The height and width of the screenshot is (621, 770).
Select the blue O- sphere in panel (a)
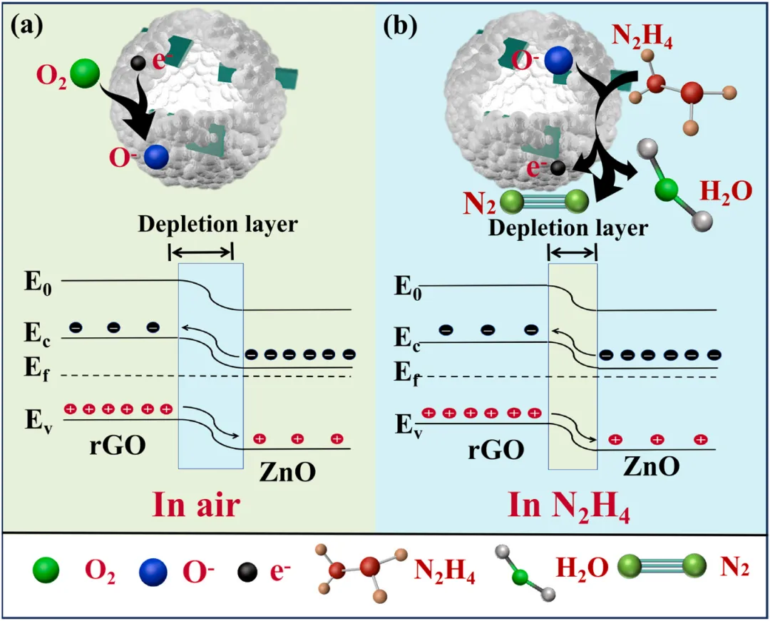pyautogui.click(x=155, y=156)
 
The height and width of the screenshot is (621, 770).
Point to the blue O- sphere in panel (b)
pyautogui.click(x=559, y=60)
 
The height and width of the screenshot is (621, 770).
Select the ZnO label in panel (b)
pyautogui.click(x=650, y=466)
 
